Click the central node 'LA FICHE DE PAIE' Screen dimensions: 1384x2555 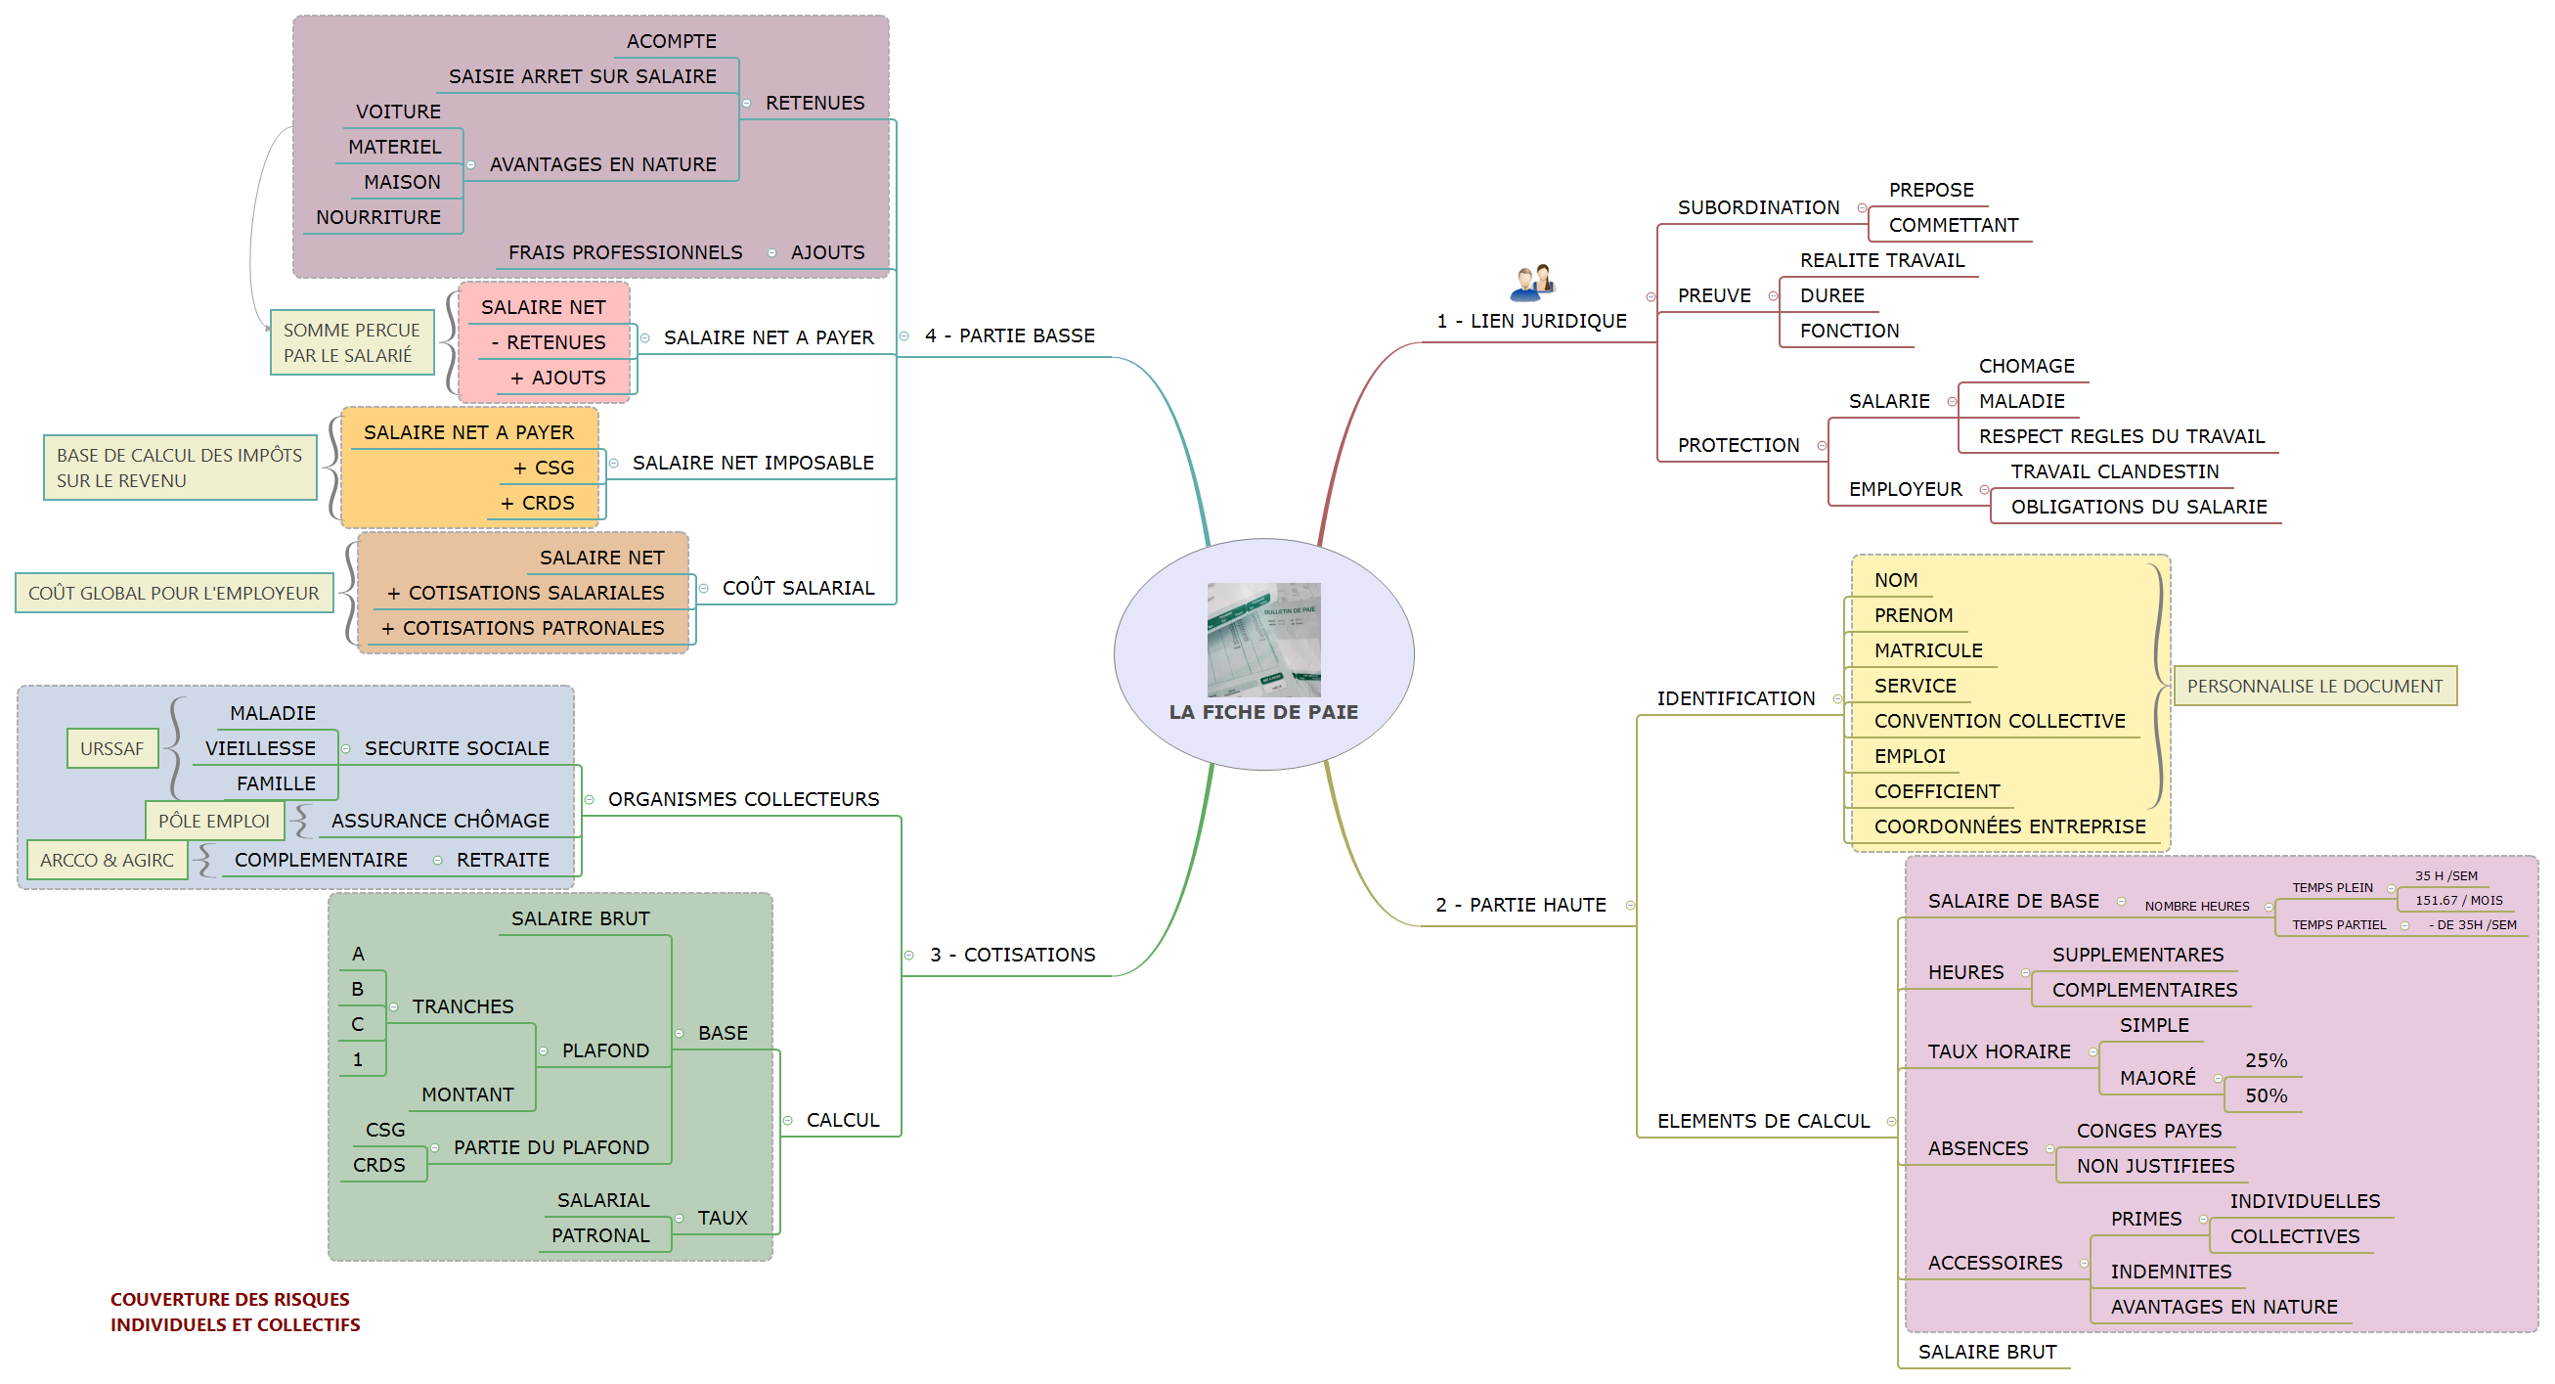(1262, 654)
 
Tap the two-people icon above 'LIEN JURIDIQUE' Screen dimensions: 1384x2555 (1532, 282)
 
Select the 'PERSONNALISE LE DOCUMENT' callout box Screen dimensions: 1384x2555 (2314, 686)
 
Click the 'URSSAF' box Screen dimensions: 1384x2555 (112, 748)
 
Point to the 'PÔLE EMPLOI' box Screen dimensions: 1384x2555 (214, 821)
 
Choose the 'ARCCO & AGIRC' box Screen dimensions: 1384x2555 (108, 860)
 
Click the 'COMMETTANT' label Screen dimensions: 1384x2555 (1952, 225)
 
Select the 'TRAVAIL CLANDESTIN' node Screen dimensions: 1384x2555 (2114, 471)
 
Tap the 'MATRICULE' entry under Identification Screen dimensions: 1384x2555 (1927, 650)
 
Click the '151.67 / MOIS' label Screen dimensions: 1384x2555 (2458, 901)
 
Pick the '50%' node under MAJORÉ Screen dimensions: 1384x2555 (2266, 1095)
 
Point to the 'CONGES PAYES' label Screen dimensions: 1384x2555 (2148, 1131)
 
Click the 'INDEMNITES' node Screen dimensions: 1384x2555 (2170, 1272)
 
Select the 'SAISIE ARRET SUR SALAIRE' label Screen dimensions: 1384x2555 (582, 76)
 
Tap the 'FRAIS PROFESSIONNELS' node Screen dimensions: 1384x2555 (625, 253)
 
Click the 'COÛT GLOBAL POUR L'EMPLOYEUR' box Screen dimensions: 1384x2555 (174, 594)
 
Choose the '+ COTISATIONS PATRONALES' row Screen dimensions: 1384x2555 (524, 628)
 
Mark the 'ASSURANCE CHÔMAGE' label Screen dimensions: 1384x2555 (439, 821)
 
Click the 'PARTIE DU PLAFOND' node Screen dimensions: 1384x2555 (551, 1148)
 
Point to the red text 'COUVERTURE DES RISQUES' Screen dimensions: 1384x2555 (230, 1300)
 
